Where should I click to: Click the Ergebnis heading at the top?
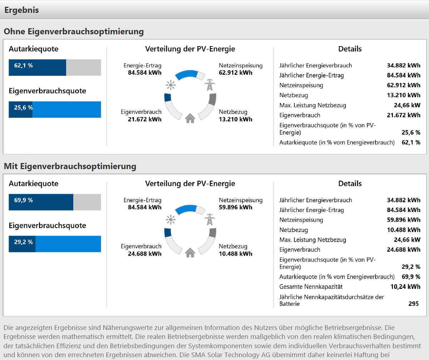click(21, 10)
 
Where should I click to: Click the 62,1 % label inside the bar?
click(24, 65)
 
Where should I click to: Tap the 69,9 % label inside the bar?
click(24, 200)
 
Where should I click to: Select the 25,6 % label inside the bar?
click(24, 108)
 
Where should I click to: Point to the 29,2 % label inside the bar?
click(24, 242)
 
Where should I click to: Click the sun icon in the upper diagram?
click(171, 85)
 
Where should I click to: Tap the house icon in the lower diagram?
click(190, 253)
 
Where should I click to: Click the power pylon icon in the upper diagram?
click(209, 85)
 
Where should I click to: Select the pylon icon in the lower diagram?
click(209, 220)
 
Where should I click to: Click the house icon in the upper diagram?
click(190, 118)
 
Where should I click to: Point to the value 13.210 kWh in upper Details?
click(404, 95)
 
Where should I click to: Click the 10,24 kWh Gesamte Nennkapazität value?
click(405, 287)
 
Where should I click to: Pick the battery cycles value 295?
click(413, 304)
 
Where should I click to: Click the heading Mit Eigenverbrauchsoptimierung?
click(70, 166)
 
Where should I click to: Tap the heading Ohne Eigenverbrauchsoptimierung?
click(74, 32)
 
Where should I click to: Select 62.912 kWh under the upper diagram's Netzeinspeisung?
click(236, 73)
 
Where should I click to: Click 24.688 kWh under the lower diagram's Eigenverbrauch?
click(145, 254)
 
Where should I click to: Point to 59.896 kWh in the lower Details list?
click(404, 220)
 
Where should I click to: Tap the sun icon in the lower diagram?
click(171, 220)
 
